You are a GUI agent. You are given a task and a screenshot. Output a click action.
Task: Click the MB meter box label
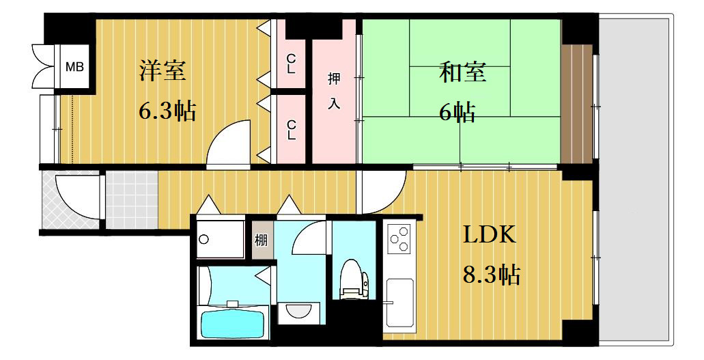pyautogui.click(x=74, y=67)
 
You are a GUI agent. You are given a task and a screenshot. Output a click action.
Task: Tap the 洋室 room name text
pyautogui.click(x=163, y=70)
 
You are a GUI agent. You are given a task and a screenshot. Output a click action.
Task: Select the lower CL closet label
pyautogui.click(x=292, y=130)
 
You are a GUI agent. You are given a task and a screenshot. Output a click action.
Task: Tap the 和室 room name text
pyautogui.click(x=462, y=72)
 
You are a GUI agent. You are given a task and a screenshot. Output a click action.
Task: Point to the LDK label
pyautogui.click(x=489, y=235)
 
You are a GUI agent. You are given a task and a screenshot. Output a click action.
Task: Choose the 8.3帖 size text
pyautogui.click(x=492, y=275)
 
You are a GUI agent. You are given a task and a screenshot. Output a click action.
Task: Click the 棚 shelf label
pyautogui.click(x=262, y=240)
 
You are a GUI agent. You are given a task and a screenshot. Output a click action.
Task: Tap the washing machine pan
pyautogui.click(x=220, y=238)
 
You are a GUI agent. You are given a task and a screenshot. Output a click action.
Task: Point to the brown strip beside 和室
pyautogui.click(x=576, y=104)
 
